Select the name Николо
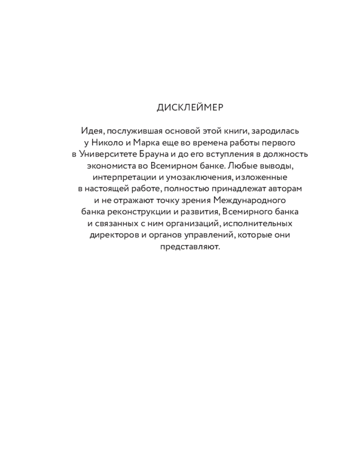tap(107, 142)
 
